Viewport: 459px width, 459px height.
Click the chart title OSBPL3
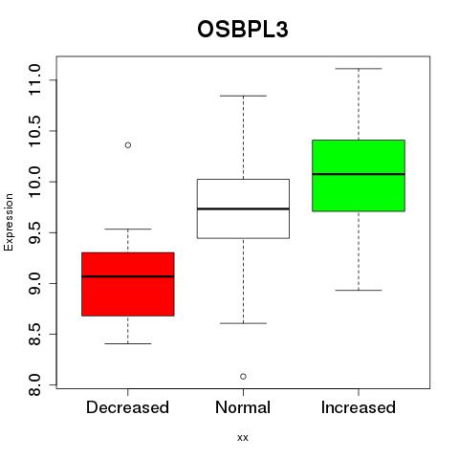pyautogui.click(x=243, y=30)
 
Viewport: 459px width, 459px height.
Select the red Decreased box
pyautogui.click(x=128, y=284)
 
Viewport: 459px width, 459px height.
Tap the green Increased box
pyautogui.click(x=359, y=176)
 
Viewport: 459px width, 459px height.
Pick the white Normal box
pyautogui.click(x=243, y=208)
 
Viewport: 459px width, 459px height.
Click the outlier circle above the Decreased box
pyautogui.click(x=128, y=145)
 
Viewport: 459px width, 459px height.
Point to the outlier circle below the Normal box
pyautogui.click(x=243, y=377)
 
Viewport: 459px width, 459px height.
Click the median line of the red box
pyautogui.click(x=128, y=276)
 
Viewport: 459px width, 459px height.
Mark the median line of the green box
pyautogui.click(x=359, y=174)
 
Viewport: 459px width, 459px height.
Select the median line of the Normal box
pyautogui.click(x=243, y=208)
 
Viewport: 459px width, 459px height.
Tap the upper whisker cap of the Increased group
pyautogui.click(x=359, y=69)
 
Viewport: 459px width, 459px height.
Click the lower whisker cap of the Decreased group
pyautogui.click(x=128, y=343)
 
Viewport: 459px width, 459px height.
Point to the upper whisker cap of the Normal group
pyautogui.click(x=243, y=96)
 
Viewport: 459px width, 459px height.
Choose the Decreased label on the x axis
pyautogui.click(x=127, y=407)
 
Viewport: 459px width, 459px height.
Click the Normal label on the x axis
pyautogui.click(x=243, y=407)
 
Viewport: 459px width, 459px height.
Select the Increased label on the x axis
pyautogui.click(x=359, y=407)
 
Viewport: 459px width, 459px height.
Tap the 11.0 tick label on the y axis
pyautogui.click(x=34, y=79)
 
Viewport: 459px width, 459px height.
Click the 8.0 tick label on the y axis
pyautogui.click(x=34, y=384)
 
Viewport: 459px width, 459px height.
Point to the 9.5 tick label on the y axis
pyautogui.click(x=34, y=232)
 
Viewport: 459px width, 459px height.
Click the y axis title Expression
pyautogui.click(x=9, y=222)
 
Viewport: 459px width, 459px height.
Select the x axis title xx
pyautogui.click(x=243, y=438)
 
